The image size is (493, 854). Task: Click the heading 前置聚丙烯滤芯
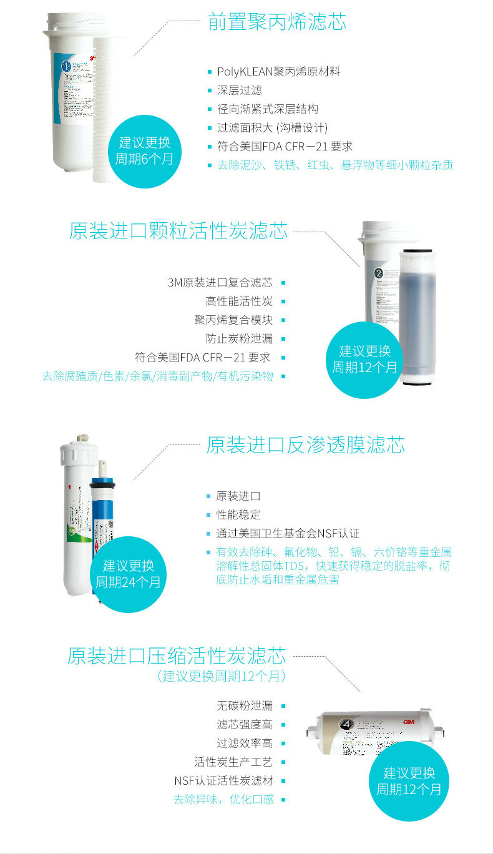pos(276,22)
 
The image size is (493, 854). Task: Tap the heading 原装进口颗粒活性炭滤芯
pos(178,230)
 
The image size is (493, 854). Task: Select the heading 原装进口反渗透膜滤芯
pos(305,445)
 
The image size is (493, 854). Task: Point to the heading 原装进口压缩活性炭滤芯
pos(177,656)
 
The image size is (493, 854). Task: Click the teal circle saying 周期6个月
pos(144,150)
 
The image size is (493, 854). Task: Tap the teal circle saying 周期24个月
pos(128,574)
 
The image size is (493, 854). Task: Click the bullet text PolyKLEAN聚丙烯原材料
pos(278,72)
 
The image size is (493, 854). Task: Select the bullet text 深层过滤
pos(239,91)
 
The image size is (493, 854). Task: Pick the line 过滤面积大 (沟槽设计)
pos(271,128)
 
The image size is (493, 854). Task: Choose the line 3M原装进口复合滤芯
pos(220,283)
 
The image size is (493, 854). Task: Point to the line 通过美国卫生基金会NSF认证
pos(288,534)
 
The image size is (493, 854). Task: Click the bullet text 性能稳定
pos(238,515)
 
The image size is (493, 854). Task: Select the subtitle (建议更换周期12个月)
pos(221,676)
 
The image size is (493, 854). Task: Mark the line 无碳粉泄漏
pos(244,706)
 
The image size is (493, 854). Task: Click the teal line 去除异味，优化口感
pos(222,800)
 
